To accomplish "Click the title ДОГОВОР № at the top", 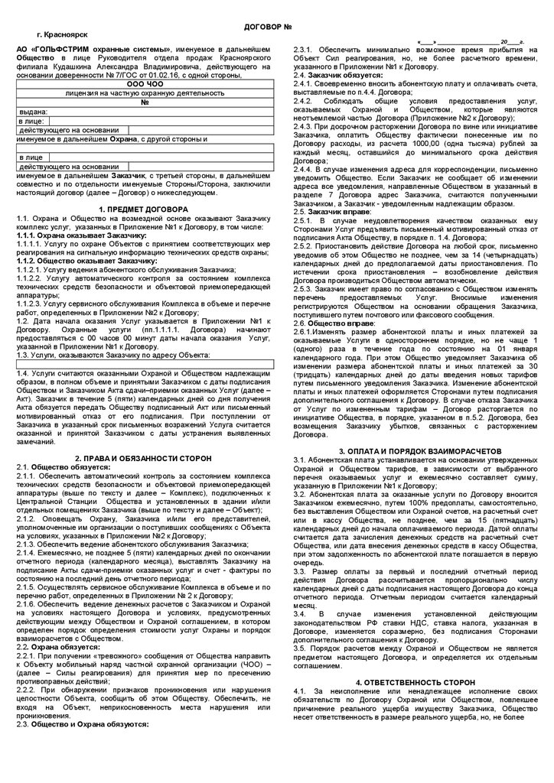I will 269,28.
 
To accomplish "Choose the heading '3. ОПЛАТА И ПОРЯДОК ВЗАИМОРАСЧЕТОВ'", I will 408,450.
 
